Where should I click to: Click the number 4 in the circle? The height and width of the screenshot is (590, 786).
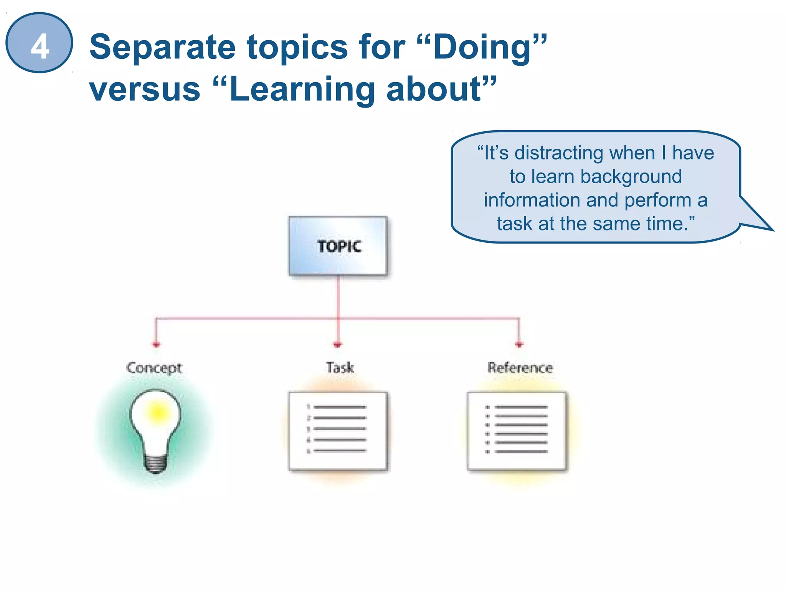(40, 46)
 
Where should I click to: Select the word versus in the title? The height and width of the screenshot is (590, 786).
(145, 89)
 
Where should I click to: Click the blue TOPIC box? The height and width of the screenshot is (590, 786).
(338, 246)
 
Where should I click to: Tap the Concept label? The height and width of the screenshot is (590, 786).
(154, 368)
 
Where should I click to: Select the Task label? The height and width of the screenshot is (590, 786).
(340, 368)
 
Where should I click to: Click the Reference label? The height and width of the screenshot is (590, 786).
(520, 368)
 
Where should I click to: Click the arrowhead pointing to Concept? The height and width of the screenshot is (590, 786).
(156, 344)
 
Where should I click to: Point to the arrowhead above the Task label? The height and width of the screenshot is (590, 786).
(338, 345)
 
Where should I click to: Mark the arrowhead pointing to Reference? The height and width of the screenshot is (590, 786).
(519, 344)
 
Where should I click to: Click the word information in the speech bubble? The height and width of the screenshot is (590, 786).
(532, 200)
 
